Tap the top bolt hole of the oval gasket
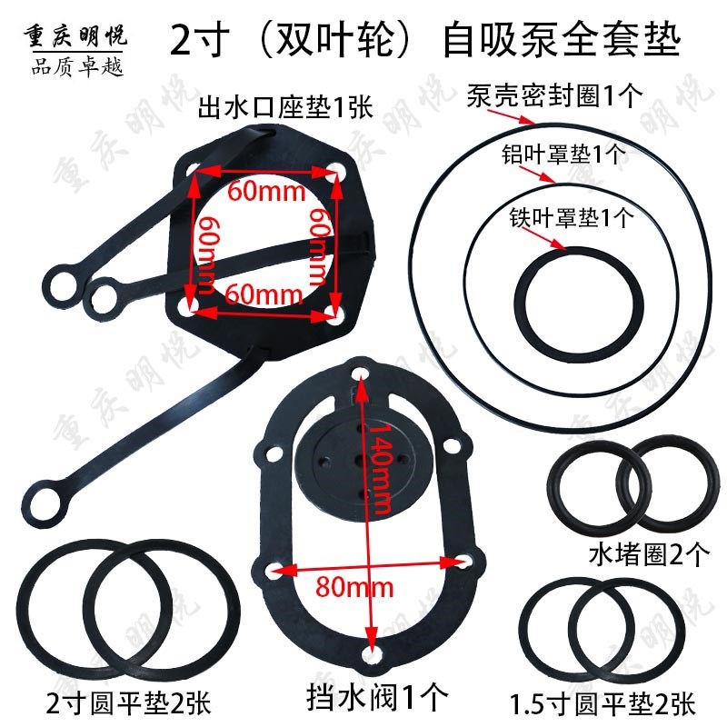pyautogui.click(x=362, y=373)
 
